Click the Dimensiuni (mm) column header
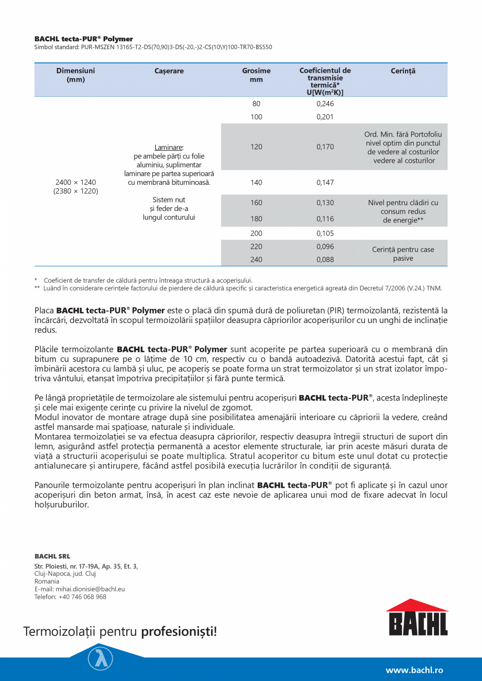pos(75,75)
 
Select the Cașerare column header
pos(169,71)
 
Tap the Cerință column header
pos(403,71)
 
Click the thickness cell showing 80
pos(256,104)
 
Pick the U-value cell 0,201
pos(325,117)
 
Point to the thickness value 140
pos(256,183)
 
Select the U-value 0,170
pos(325,147)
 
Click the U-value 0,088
pos(325,260)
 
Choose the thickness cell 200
pos(256,233)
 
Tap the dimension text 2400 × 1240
pos(75,182)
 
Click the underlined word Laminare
pos(169,147)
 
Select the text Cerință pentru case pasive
pos(403,254)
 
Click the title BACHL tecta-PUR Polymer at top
pos(84,39)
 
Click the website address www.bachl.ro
pos(414,670)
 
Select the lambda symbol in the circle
pos(100,658)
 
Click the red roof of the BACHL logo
pos(417,605)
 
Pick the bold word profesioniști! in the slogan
pos(179,632)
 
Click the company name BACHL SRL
pos(52,556)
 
